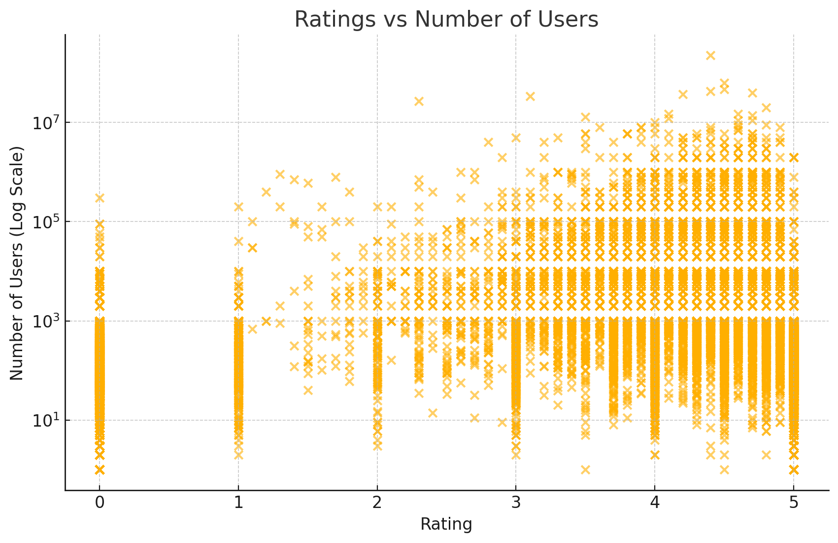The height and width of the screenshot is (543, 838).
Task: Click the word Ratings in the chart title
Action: pyautogui.click(x=327, y=20)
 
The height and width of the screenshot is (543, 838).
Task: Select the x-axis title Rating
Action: pyautogui.click(x=446, y=524)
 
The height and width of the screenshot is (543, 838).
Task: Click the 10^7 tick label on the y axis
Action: pyautogui.click(x=45, y=122)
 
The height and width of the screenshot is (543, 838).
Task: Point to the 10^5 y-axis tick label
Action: pyautogui.click(x=45, y=222)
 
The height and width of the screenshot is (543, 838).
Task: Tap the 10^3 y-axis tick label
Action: pyautogui.click(x=45, y=322)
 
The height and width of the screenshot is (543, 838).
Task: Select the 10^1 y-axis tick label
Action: pyautogui.click(x=45, y=421)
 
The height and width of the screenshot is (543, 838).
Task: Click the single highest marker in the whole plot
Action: pyautogui.click(x=710, y=55)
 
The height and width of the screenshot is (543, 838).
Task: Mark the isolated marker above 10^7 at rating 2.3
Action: pyautogui.click(x=419, y=101)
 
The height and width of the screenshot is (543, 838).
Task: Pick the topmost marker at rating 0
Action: pyautogui.click(x=100, y=198)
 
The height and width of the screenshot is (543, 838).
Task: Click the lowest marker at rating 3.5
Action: pyautogui.click(x=585, y=470)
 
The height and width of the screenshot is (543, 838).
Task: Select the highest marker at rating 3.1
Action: pyautogui.click(x=530, y=96)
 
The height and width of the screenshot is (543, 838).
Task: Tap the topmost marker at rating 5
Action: pyautogui.click(x=794, y=157)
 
